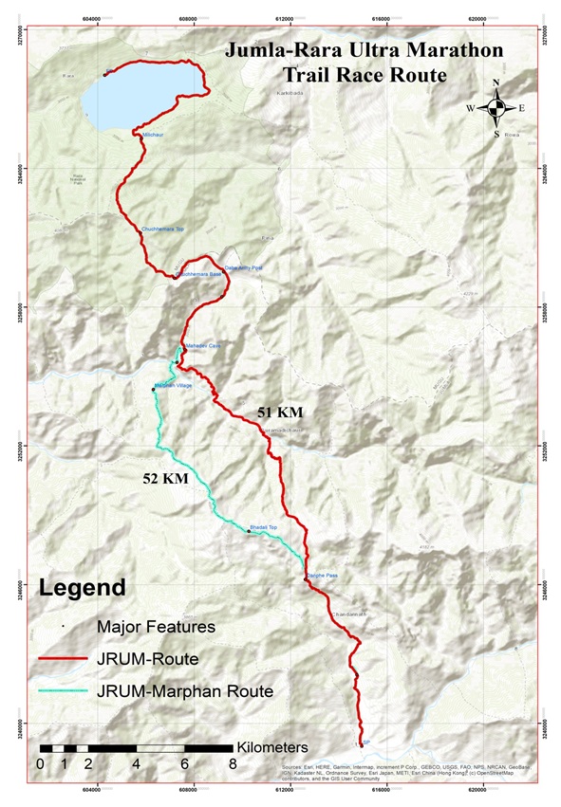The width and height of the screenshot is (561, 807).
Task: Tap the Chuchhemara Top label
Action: [162, 229]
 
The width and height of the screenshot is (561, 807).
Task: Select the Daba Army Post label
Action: [243, 268]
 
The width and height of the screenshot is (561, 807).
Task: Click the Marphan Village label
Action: [174, 386]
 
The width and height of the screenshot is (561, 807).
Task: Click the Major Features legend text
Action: [156, 626]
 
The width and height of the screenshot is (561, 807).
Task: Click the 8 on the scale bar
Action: [233, 764]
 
